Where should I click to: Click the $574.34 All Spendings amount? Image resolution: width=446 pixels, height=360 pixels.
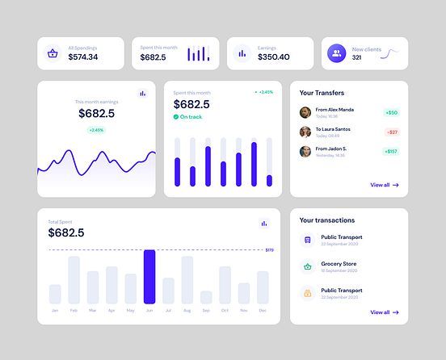pyautogui.click(x=83, y=57)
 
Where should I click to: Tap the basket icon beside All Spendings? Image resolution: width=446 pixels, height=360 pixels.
pyautogui.click(x=53, y=53)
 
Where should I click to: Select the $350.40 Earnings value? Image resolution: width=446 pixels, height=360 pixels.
pyautogui.click(x=274, y=57)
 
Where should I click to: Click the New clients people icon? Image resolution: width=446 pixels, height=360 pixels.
pyautogui.click(x=336, y=53)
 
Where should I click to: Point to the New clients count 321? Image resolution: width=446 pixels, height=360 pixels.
pyautogui.click(x=356, y=58)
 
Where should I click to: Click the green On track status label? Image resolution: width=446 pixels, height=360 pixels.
pyautogui.click(x=191, y=117)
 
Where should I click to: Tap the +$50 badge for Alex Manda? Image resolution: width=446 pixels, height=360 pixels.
pyautogui.click(x=391, y=113)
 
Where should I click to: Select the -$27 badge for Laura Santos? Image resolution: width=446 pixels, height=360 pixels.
pyautogui.click(x=391, y=132)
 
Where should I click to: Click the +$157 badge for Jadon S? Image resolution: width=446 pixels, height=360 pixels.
pyautogui.click(x=391, y=151)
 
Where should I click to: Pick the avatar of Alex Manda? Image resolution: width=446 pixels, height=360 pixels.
pyautogui.click(x=305, y=113)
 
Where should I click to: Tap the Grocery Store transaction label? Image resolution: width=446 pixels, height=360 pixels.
pyautogui.click(x=339, y=264)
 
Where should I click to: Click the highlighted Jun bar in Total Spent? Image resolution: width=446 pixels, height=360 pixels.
pyautogui.click(x=149, y=277)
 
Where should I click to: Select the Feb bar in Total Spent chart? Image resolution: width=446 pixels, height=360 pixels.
pyautogui.click(x=74, y=279)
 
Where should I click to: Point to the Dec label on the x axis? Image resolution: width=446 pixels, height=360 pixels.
pyautogui.click(x=263, y=311)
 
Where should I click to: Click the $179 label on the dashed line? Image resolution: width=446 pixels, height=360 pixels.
pyautogui.click(x=269, y=250)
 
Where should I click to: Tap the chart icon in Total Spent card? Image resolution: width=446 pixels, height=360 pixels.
pyautogui.click(x=263, y=224)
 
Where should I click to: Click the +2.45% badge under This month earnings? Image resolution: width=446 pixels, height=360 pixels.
pyautogui.click(x=96, y=130)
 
